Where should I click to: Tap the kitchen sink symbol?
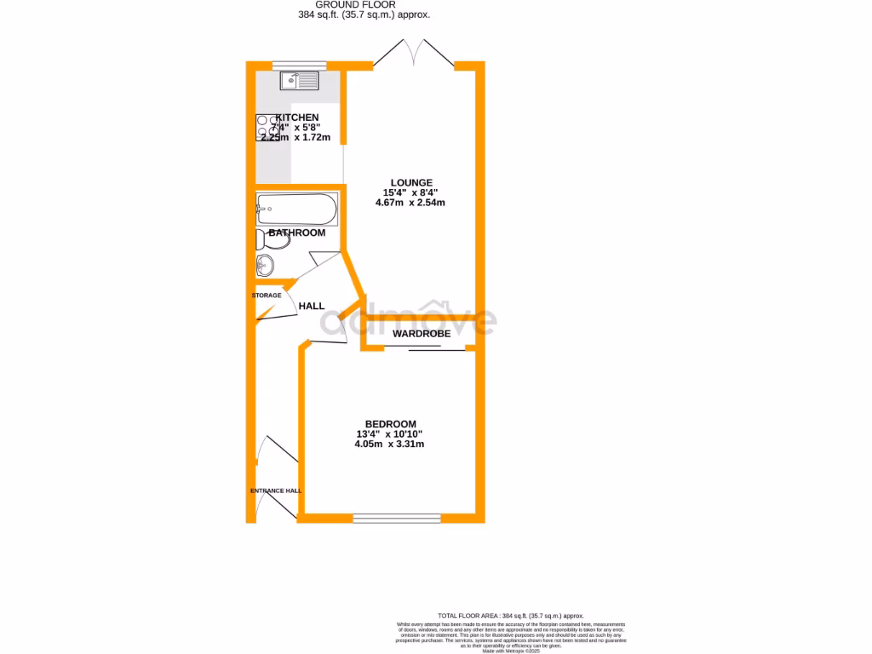point(301,81)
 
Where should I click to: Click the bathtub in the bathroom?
point(296,207)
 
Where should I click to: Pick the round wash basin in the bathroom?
point(265,266)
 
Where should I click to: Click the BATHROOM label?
point(297,232)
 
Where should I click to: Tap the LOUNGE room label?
point(411,182)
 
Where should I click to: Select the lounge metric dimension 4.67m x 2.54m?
point(411,203)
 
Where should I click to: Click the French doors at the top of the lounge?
point(413,53)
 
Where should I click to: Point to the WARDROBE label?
point(421,334)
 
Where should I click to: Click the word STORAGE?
point(267,295)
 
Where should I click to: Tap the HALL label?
point(311,306)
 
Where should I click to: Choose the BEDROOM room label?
point(390,424)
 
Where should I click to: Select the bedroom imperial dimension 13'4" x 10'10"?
point(390,434)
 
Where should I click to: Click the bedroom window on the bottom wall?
point(397,517)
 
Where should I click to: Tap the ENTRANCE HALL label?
point(276,490)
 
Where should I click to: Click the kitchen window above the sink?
point(299,65)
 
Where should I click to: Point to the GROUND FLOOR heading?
point(355,4)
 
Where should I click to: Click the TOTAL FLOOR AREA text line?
point(511,615)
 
